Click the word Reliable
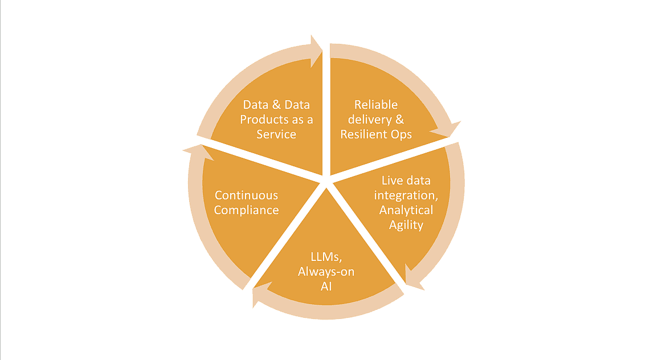click(376, 105)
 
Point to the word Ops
click(400, 134)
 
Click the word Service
click(276, 134)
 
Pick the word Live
click(392, 181)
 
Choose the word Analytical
click(406, 210)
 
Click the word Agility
click(406, 225)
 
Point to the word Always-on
click(326, 271)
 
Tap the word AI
click(326, 286)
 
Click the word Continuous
click(246, 195)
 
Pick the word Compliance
click(246, 210)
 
